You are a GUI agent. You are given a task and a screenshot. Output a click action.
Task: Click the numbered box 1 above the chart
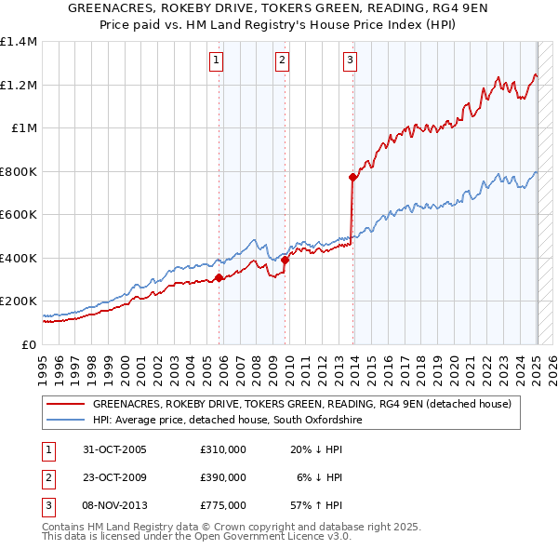click(x=216, y=61)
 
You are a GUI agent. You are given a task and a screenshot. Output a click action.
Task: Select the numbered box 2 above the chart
click(x=282, y=61)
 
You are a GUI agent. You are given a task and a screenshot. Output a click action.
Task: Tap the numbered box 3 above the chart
click(x=350, y=61)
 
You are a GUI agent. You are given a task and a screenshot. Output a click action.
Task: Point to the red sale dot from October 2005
click(x=219, y=277)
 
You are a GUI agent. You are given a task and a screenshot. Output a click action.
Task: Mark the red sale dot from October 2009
click(x=286, y=261)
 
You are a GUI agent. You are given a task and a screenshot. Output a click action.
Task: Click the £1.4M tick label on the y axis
click(x=20, y=42)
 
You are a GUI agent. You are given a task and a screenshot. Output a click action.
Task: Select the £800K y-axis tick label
click(x=19, y=171)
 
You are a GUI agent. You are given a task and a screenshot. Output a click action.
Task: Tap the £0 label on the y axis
click(x=28, y=344)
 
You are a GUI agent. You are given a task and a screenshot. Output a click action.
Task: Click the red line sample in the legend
click(x=65, y=405)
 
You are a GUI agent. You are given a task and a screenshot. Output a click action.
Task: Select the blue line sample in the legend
click(x=65, y=421)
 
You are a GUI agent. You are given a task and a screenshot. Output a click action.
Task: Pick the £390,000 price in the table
click(x=223, y=477)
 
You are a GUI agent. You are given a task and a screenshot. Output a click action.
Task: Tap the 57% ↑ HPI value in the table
click(x=317, y=505)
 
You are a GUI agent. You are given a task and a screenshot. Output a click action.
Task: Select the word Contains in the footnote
click(x=64, y=527)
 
